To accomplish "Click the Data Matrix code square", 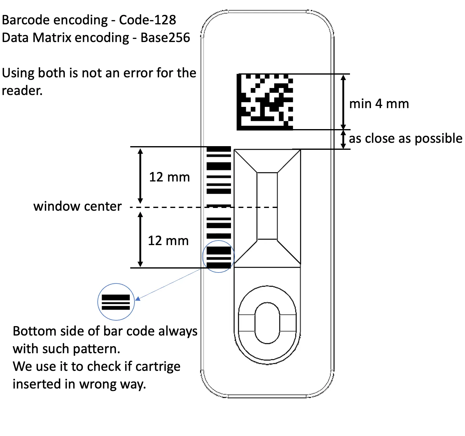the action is (x=265, y=102).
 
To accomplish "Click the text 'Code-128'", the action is (x=148, y=20).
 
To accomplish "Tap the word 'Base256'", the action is (x=165, y=38).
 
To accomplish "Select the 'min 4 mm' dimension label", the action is (x=379, y=104).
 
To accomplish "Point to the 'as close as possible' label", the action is (x=405, y=139).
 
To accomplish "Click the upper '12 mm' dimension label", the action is (x=170, y=177).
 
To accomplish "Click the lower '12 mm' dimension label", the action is (x=168, y=241).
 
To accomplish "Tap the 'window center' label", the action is (x=78, y=206).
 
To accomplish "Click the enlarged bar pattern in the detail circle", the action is (x=116, y=302).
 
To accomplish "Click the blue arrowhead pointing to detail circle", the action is (x=138, y=299).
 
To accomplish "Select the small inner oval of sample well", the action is (x=267, y=323).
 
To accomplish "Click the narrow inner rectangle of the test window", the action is (x=267, y=206).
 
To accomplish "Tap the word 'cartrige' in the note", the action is (x=158, y=367).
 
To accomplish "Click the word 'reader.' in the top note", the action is (x=22, y=91).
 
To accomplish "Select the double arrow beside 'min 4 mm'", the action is (x=343, y=102).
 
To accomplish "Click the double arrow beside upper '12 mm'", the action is (x=140, y=176).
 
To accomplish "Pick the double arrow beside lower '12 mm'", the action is (x=140, y=240).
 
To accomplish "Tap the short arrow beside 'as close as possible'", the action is (x=343, y=139).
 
